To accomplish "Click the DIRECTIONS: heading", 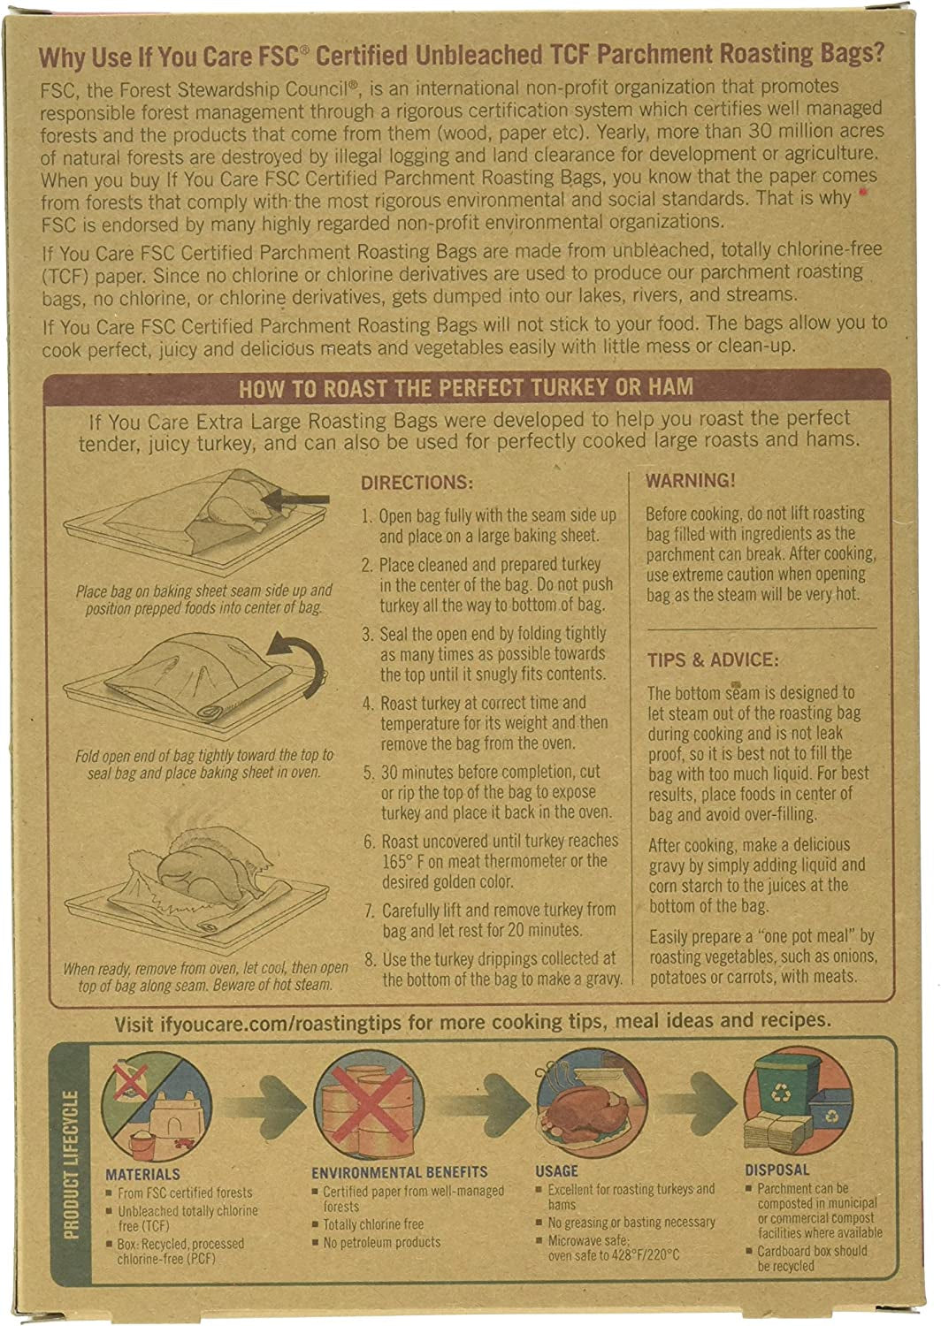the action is click(417, 483).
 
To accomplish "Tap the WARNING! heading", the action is click(690, 480).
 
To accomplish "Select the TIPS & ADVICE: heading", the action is click(713, 660).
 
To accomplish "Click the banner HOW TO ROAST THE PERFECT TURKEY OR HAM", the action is click(466, 388).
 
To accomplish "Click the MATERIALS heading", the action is click(142, 1175).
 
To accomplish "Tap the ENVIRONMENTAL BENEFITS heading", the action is click(400, 1172).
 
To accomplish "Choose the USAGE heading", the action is click(556, 1171).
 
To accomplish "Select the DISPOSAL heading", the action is click(777, 1170).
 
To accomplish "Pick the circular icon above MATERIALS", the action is click(157, 1107).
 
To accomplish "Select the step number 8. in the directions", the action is click(371, 959).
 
